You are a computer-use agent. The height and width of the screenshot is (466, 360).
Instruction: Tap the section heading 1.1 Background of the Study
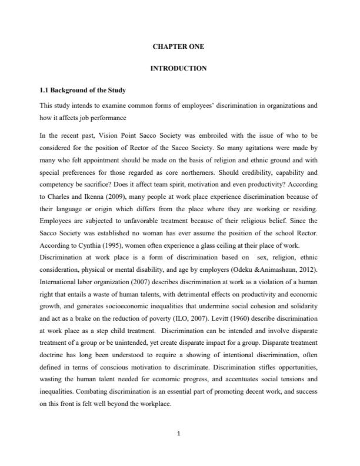pyautogui.click(x=82, y=91)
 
